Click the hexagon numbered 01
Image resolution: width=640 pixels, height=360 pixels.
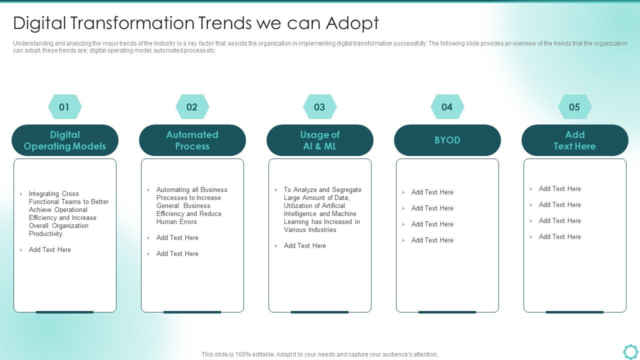(x=64, y=107)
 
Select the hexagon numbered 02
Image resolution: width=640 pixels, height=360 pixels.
(x=192, y=107)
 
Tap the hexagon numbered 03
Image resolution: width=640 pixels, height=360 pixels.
(x=319, y=107)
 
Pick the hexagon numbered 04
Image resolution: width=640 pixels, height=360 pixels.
(x=447, y=107)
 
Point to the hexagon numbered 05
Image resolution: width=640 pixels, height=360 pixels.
(x=574, y=107)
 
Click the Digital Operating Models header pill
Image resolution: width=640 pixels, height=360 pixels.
(x=65, y=140)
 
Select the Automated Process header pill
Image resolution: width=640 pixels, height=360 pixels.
(x=192, y=140)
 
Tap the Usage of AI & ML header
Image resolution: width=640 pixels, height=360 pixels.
(x=320, y=140)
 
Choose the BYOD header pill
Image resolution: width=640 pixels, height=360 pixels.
(x=447, y=140)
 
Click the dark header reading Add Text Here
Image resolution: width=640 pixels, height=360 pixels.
(x=575, y=140)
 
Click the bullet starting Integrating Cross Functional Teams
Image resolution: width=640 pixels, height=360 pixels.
(x=68, y=213)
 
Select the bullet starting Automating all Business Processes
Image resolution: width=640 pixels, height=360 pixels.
(x=191, y=205)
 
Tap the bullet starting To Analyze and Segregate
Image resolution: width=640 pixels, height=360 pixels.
(x=322, y=209)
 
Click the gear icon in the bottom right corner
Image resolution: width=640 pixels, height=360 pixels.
(x=630, y=351)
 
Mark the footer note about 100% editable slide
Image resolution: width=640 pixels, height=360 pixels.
(x=320, y=354)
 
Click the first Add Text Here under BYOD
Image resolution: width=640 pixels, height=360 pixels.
(x=432, y=192)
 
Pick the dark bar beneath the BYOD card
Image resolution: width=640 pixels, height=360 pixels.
(x=447, y=312)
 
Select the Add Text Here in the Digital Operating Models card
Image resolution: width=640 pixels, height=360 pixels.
(x=50, y=249)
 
